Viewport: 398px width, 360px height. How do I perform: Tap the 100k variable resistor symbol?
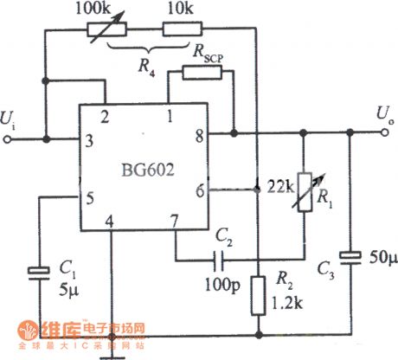[x=106, y=29]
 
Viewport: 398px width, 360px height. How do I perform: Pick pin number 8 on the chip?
[x=199, y=135]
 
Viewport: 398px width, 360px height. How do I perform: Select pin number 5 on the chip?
[x=89, y=196]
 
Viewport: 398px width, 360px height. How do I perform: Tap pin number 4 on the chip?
[x=109, y=222]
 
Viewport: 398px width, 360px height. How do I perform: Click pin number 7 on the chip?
[x=174, y=222]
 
